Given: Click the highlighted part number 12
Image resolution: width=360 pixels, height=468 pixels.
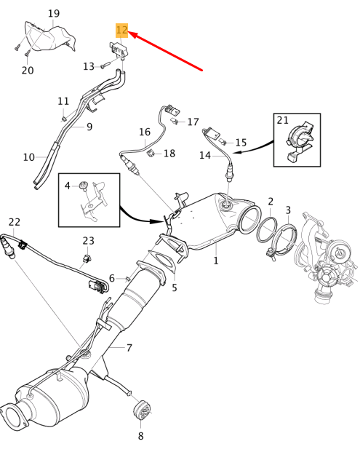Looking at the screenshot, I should [121, 31].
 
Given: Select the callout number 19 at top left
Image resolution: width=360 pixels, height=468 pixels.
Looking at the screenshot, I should [55, 14].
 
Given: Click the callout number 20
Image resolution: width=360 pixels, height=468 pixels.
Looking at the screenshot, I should [28, 70].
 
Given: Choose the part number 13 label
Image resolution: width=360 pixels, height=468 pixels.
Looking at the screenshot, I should [89, 66].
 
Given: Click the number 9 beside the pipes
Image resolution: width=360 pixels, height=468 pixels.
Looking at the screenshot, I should [89, 127].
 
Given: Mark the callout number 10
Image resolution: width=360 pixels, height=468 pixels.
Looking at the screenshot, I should [28, 156].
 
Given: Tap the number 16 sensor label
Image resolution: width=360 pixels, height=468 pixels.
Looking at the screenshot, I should [145, 132].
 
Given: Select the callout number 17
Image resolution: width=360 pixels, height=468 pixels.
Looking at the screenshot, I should [193, 122].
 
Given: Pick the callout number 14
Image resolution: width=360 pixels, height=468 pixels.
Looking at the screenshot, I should [205, 155].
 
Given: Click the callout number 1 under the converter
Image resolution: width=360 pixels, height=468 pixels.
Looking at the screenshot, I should [215, 259].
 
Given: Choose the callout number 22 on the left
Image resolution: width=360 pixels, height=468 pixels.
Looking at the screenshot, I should [15, 221].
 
